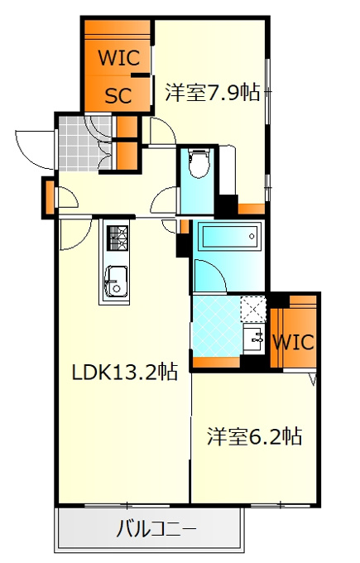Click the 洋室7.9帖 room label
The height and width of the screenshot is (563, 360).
pos(212,93)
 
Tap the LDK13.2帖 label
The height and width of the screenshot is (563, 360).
pos(124,373)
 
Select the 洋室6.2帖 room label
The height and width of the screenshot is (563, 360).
pos(254,437)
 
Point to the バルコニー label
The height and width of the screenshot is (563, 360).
pos(156,529)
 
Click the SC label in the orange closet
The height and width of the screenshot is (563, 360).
pos(118,95)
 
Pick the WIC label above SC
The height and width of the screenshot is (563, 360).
pos(119,58)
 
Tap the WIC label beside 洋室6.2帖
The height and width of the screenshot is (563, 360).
pos(294,342)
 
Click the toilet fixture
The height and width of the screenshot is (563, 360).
pos(199,163)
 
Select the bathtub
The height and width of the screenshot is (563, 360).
pos(228,236)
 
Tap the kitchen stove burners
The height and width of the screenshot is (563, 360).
pos(118,238)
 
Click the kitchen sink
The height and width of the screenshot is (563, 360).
pos(116,281)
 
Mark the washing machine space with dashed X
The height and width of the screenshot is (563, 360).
pos(252,309)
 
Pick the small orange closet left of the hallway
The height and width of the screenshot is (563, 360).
pos(50,197)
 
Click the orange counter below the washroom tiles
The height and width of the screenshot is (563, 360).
pos(217,363)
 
